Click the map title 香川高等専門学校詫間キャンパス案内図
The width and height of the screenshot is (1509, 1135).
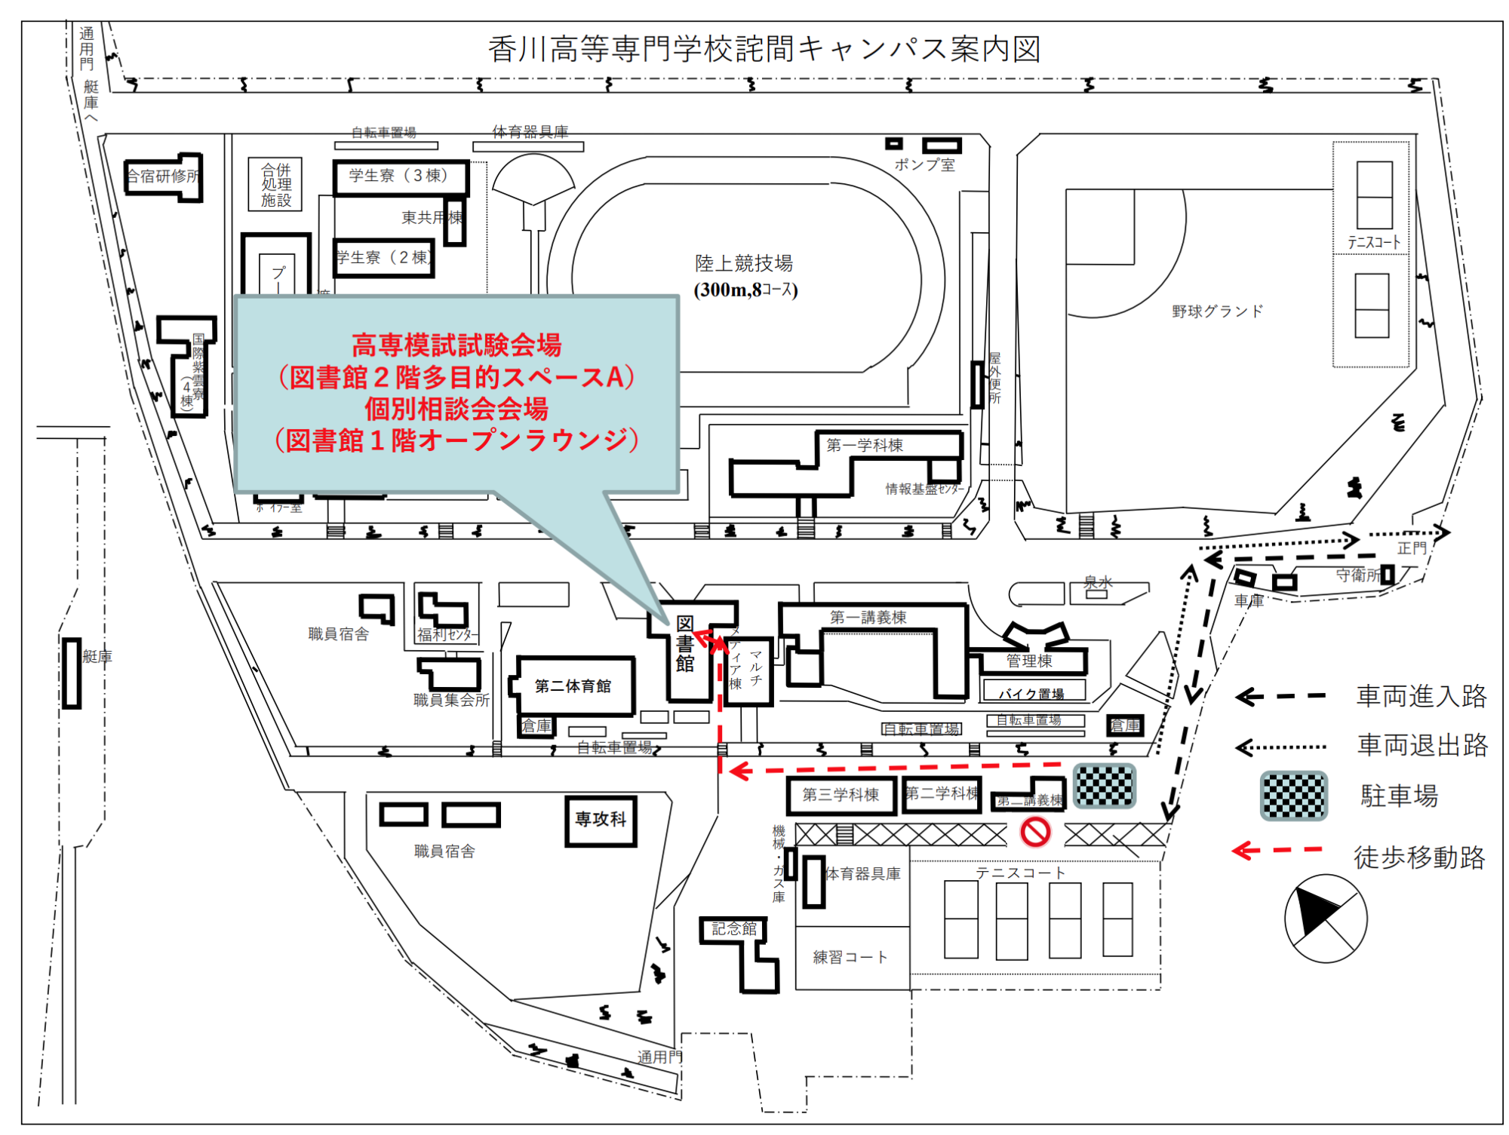(x=764, y=50)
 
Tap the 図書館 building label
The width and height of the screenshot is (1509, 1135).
(x=684, y=643)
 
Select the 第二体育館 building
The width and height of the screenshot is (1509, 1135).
(x=573, y=686)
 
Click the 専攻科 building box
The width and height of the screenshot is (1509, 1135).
(x=601, y=820)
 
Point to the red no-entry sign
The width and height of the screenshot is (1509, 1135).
(x=1035, y=832)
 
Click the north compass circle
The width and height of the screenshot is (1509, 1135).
(x=1325, y=918)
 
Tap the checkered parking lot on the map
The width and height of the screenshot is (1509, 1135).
(x=1105, y=785)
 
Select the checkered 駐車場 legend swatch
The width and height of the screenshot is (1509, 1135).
(x=1294, y=795)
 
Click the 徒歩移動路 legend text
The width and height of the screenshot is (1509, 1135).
(x=1419, y=857)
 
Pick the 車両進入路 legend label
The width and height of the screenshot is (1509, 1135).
(x=1421, y=696)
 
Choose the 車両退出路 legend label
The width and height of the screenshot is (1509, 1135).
(x=1422, y=745)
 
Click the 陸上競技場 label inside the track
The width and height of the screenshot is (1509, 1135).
(x=744, y=263)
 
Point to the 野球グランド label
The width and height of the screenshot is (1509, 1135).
(x=1217, y=311)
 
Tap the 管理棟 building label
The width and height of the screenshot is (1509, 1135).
(x=1029, y=661)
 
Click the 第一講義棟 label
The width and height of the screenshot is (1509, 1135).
(x=868, y=618)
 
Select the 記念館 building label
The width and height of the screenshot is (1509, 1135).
(x=734, y=928)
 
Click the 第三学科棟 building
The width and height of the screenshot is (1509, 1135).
(x=841, y=795)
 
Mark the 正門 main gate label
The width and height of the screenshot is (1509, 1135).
(x=1412, y=548)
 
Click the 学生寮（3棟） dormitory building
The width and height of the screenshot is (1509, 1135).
(x=400, y=176)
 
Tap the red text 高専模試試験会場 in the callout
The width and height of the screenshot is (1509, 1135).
(x=456, y=346)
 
